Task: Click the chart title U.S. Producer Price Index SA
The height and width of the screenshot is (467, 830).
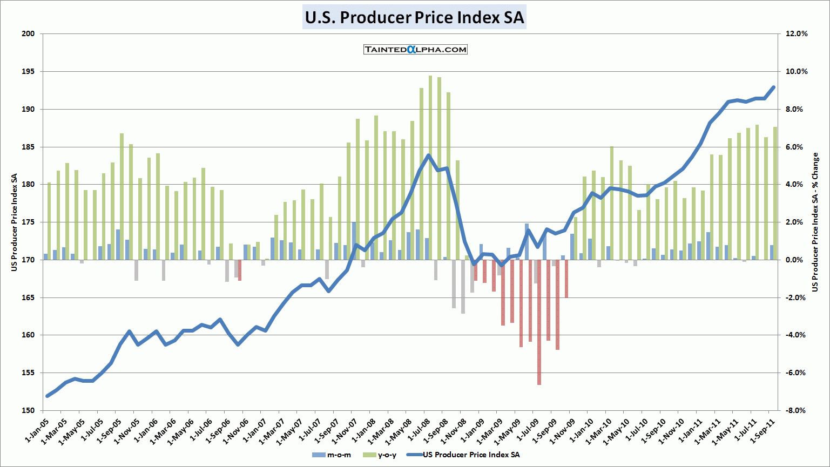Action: [414, 17]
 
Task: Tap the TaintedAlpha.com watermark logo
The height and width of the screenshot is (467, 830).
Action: [415, 50]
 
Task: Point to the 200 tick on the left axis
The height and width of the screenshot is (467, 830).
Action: [28, 33]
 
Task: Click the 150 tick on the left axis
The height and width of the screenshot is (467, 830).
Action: [28, 410]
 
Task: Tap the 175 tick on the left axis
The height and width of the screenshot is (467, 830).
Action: [28, 222]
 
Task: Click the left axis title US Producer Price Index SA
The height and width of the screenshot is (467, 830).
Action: [15, 222]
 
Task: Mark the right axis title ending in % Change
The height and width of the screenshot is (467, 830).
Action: [815, 222]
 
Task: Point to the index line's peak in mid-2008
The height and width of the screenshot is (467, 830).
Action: [428, 155]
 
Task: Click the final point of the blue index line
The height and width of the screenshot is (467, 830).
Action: [773, 87]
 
